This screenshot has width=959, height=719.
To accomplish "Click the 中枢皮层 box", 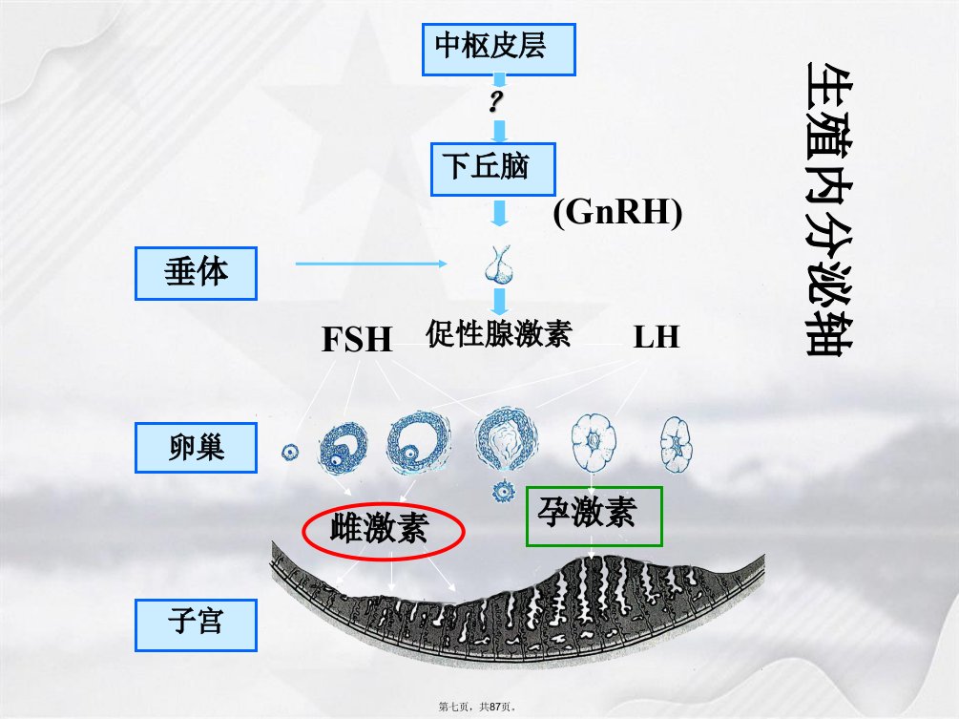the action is (498, 50).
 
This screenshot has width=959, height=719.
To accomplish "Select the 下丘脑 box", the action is (493, 170).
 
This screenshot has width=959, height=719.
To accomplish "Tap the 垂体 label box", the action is (196, 273).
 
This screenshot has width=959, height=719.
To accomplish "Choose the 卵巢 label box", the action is (196, 447).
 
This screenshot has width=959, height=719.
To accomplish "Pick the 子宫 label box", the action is (196, 624).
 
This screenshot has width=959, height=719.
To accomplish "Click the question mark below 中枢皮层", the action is (496, 101).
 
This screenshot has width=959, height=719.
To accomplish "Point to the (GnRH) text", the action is (617, 212).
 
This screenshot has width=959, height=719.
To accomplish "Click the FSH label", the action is (357, 339).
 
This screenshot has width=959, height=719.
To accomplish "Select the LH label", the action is (657, 336).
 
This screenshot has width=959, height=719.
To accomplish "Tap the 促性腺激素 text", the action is (498, 333).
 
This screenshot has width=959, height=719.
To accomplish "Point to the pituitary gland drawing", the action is (499, 264).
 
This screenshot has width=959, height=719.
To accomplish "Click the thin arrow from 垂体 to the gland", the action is (371, 264).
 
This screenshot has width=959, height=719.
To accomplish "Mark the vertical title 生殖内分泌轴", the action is (828, 209).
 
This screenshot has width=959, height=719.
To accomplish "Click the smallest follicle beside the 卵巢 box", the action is (290, 453).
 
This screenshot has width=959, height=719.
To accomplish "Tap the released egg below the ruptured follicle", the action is (503, 491).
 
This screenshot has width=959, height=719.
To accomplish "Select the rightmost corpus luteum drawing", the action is (676, 444).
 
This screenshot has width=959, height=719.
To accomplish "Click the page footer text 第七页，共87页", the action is (478, 707).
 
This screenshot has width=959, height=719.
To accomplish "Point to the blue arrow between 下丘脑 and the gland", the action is (500, 213).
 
